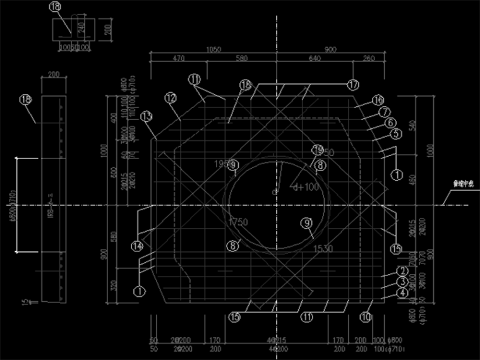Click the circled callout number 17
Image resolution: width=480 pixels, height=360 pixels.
tap(352, 84)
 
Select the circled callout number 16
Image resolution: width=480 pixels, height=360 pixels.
tap(378, 100)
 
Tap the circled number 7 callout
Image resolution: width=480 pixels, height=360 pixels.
tap(384, 112)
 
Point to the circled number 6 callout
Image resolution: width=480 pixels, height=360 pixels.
tap(390, 123)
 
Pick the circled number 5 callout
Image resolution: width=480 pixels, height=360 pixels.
tap(396, 134)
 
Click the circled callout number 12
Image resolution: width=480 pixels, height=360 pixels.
tap(171, 98)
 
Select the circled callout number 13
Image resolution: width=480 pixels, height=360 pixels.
tap(147, 117)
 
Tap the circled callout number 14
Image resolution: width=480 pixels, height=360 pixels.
tap(138, 246)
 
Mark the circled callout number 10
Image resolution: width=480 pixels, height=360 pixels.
tap(366, 317)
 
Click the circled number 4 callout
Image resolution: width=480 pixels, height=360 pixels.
tap(402, 293)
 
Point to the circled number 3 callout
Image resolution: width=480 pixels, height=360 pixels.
tap(402, 282)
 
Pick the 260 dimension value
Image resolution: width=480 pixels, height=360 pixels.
tap(369, 59)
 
